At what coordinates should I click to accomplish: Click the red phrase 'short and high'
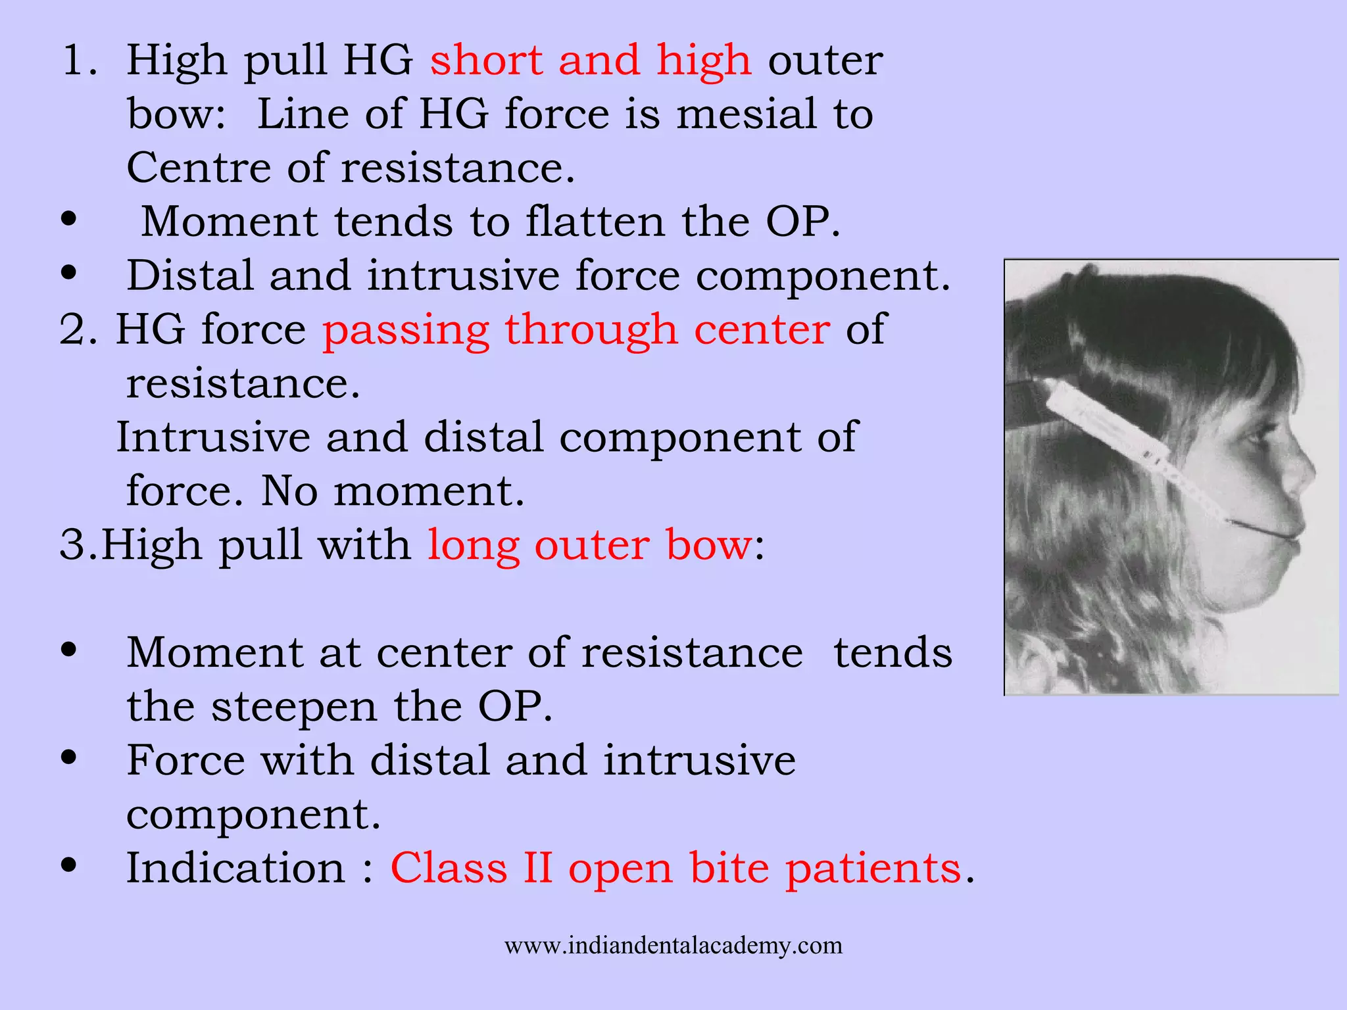point(590,60)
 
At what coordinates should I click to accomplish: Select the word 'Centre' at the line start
point(198,168)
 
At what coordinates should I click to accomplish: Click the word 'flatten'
point(595,222)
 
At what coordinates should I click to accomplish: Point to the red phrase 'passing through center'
point(576,330)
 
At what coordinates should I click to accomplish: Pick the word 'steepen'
point(294,708)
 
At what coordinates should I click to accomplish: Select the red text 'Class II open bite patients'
point(676,869)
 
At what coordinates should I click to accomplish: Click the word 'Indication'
point(235,869)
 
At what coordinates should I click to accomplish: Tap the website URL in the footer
point(673,946)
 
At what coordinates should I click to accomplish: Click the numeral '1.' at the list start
point(80,60)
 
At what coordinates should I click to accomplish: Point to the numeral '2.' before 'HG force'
point(78,330)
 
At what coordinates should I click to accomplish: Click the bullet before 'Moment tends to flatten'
point(68,220)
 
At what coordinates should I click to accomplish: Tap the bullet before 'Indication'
point(68,865)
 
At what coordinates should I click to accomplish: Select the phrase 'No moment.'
point(393,491)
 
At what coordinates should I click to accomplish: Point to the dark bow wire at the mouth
point(1260,529)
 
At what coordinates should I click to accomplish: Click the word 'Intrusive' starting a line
point(212,437)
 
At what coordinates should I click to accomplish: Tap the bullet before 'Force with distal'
point(68,757)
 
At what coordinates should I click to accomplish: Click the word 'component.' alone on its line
point(253,815)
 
